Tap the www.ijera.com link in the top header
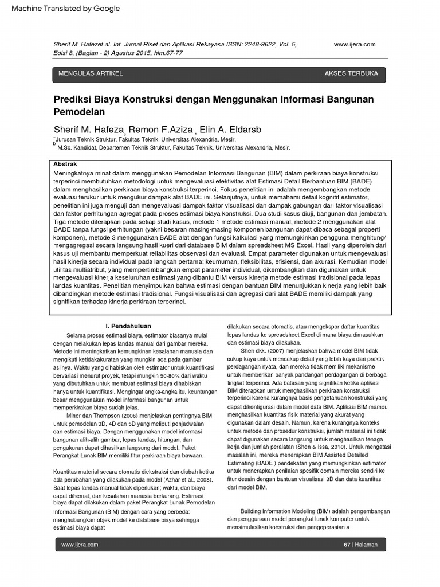pyautogui.click(x=354, y=45)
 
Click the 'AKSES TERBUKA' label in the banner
pyautogui.click(x=351, y=74)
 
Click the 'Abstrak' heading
pyautogui.click(x=65, y=164)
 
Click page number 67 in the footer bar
pyautogui.click(x=347, y=545)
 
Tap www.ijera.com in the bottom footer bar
pyautogui.click(x=80, y=545)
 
